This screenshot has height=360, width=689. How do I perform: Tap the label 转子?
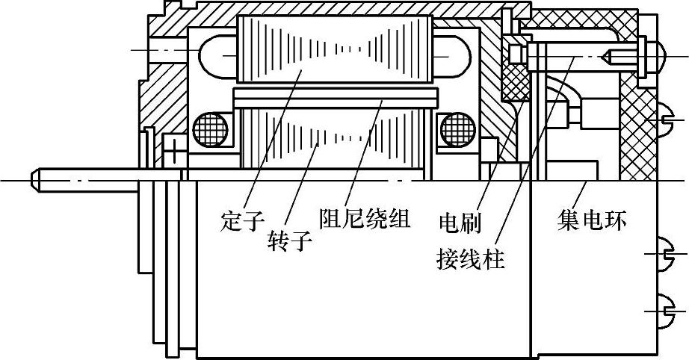pyautogui.click(x=288, y=241)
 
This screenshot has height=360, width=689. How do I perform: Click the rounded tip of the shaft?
pyautogui.click(x=35, y=181)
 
